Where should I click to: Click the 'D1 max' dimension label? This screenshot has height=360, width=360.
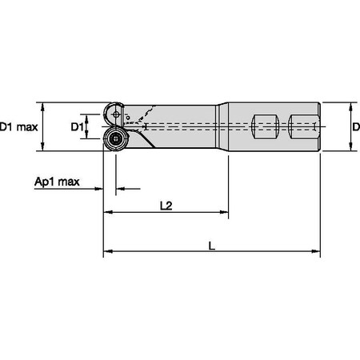coord(18,126)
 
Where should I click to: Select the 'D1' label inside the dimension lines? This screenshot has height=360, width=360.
coord(78,126)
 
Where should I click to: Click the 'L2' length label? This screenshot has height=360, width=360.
coord(166,206)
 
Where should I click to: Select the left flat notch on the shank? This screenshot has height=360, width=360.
coord(265,126)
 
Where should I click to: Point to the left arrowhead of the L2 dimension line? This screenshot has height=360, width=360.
coord(107,214)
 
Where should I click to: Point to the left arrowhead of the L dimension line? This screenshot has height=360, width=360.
coord(107,253)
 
